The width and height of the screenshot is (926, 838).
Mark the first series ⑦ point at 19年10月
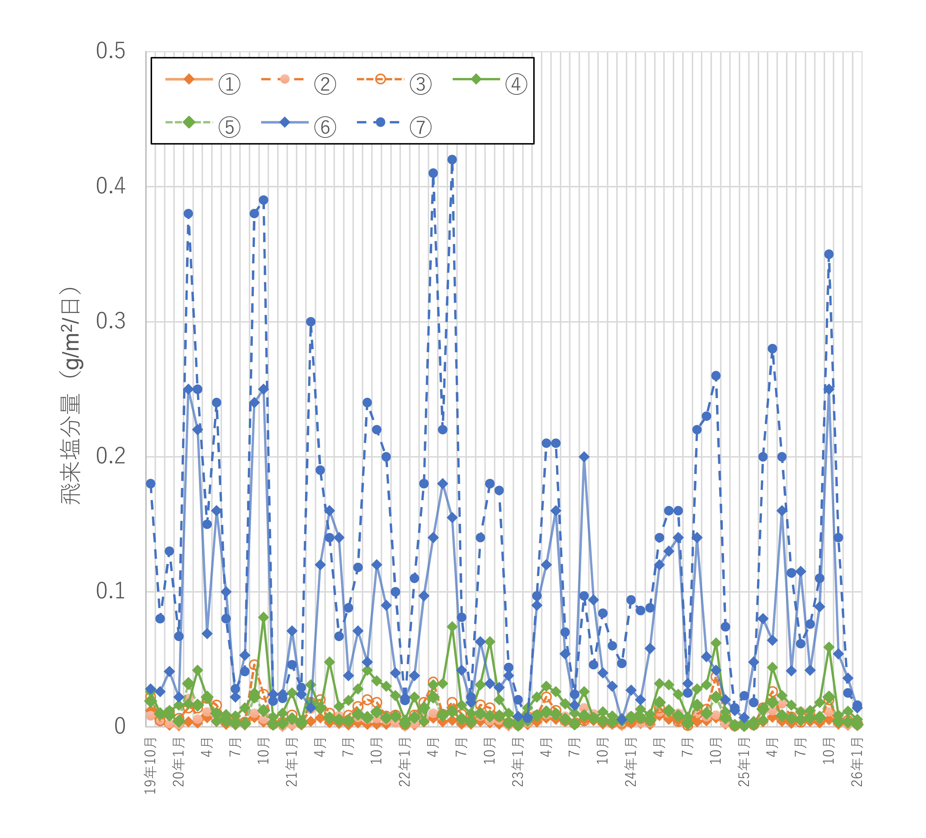[151, 484]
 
